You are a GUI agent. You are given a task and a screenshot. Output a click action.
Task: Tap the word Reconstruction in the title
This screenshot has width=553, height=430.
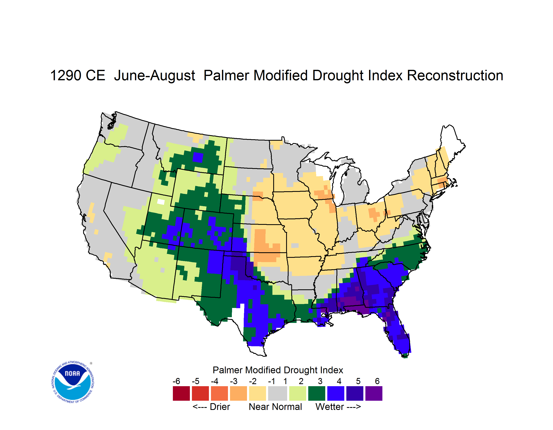tap(455, 75)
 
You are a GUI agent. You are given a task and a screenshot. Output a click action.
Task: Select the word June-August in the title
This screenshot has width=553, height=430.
tap(154, 75)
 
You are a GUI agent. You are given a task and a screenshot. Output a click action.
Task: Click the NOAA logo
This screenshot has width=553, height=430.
tap(73, 382)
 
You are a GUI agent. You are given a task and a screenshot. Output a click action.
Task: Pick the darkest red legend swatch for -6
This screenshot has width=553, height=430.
tap(181, 393)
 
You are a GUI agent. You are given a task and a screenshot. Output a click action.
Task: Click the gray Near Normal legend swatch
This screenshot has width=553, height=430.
tap(278, 393)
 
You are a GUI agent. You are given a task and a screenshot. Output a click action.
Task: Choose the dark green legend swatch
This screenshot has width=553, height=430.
tap(316, 393)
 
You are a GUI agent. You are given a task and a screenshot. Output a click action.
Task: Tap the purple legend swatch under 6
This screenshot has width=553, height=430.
tap(374, 393)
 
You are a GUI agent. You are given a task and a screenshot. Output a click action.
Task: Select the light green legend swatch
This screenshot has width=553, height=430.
tap(298, 393)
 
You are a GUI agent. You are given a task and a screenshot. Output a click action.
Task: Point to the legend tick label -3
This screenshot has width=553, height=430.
tap(234, 381)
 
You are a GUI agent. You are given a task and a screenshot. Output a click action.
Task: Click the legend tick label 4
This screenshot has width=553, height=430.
tap(339, 381)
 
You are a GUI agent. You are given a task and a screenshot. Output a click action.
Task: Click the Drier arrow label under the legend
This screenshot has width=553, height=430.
tap(211, 407)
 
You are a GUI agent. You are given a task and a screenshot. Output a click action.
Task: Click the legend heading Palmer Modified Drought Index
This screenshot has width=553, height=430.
tap(278, 370)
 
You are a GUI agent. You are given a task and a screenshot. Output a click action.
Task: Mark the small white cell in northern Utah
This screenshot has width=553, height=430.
tap(161, 202)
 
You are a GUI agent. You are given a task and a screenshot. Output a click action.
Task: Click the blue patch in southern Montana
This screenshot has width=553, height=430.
tap(198, 157)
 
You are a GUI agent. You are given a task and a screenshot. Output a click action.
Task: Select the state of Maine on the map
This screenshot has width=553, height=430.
tap(452, 144)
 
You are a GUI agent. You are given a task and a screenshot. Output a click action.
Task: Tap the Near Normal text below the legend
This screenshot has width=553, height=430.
tap(275, 407)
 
